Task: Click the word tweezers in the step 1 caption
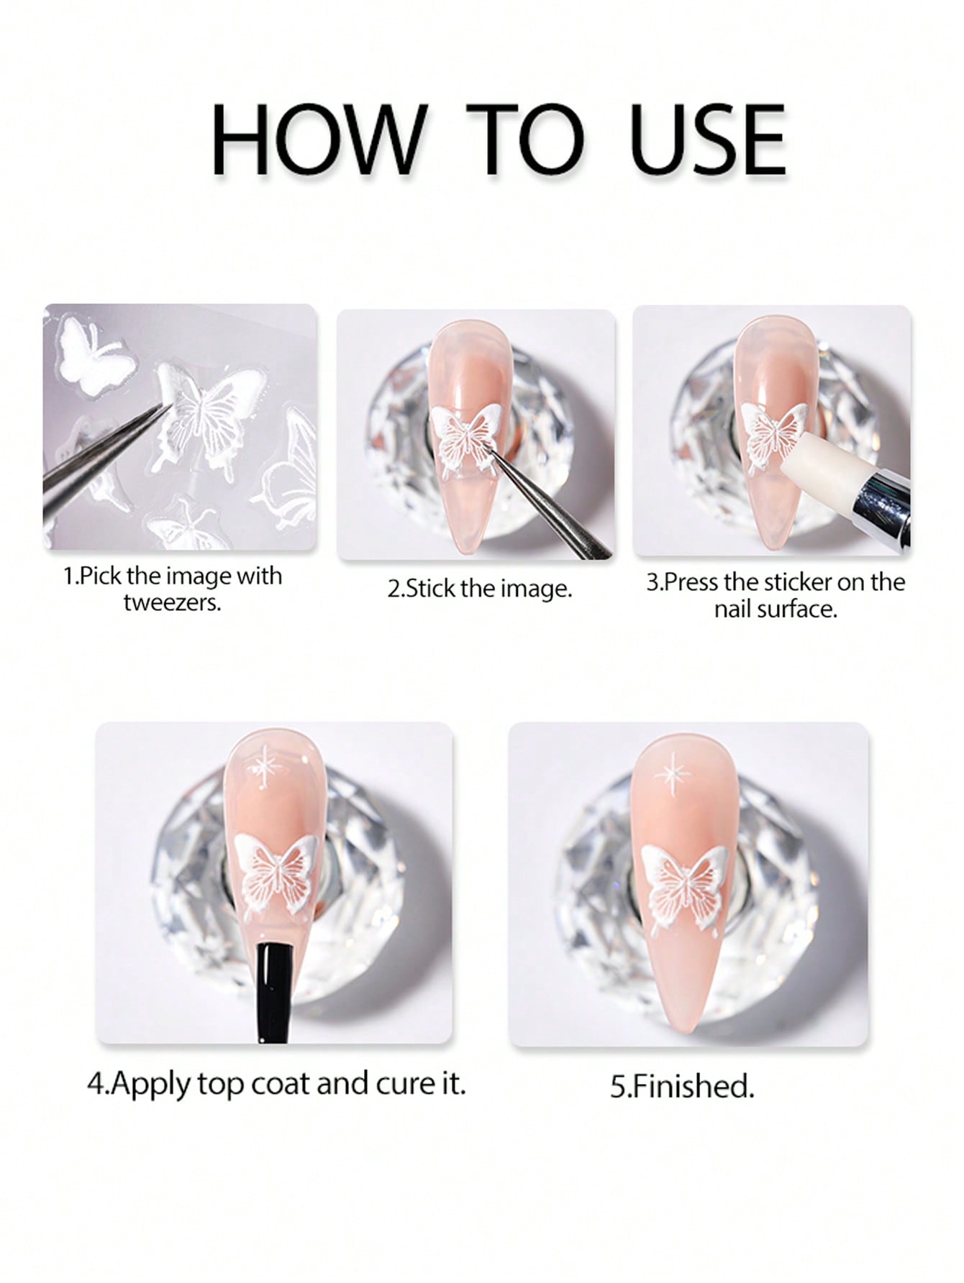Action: [x=172, y=602]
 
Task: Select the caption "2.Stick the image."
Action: [x=480, y=589]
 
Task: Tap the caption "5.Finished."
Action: [x=683, y=1086]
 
